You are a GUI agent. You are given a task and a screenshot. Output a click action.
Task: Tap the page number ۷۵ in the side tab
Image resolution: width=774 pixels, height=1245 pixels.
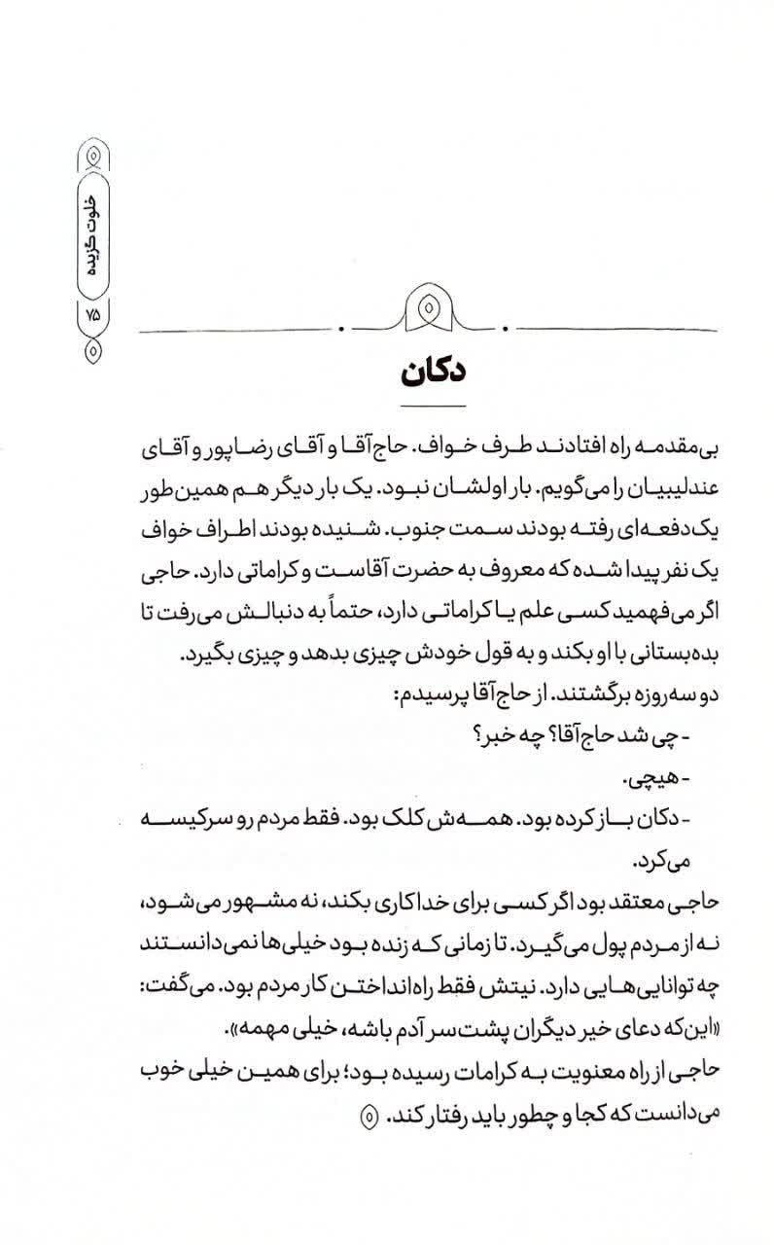pos(94,315)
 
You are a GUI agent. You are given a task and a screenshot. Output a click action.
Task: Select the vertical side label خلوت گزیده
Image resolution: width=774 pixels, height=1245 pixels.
pos(94,232)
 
